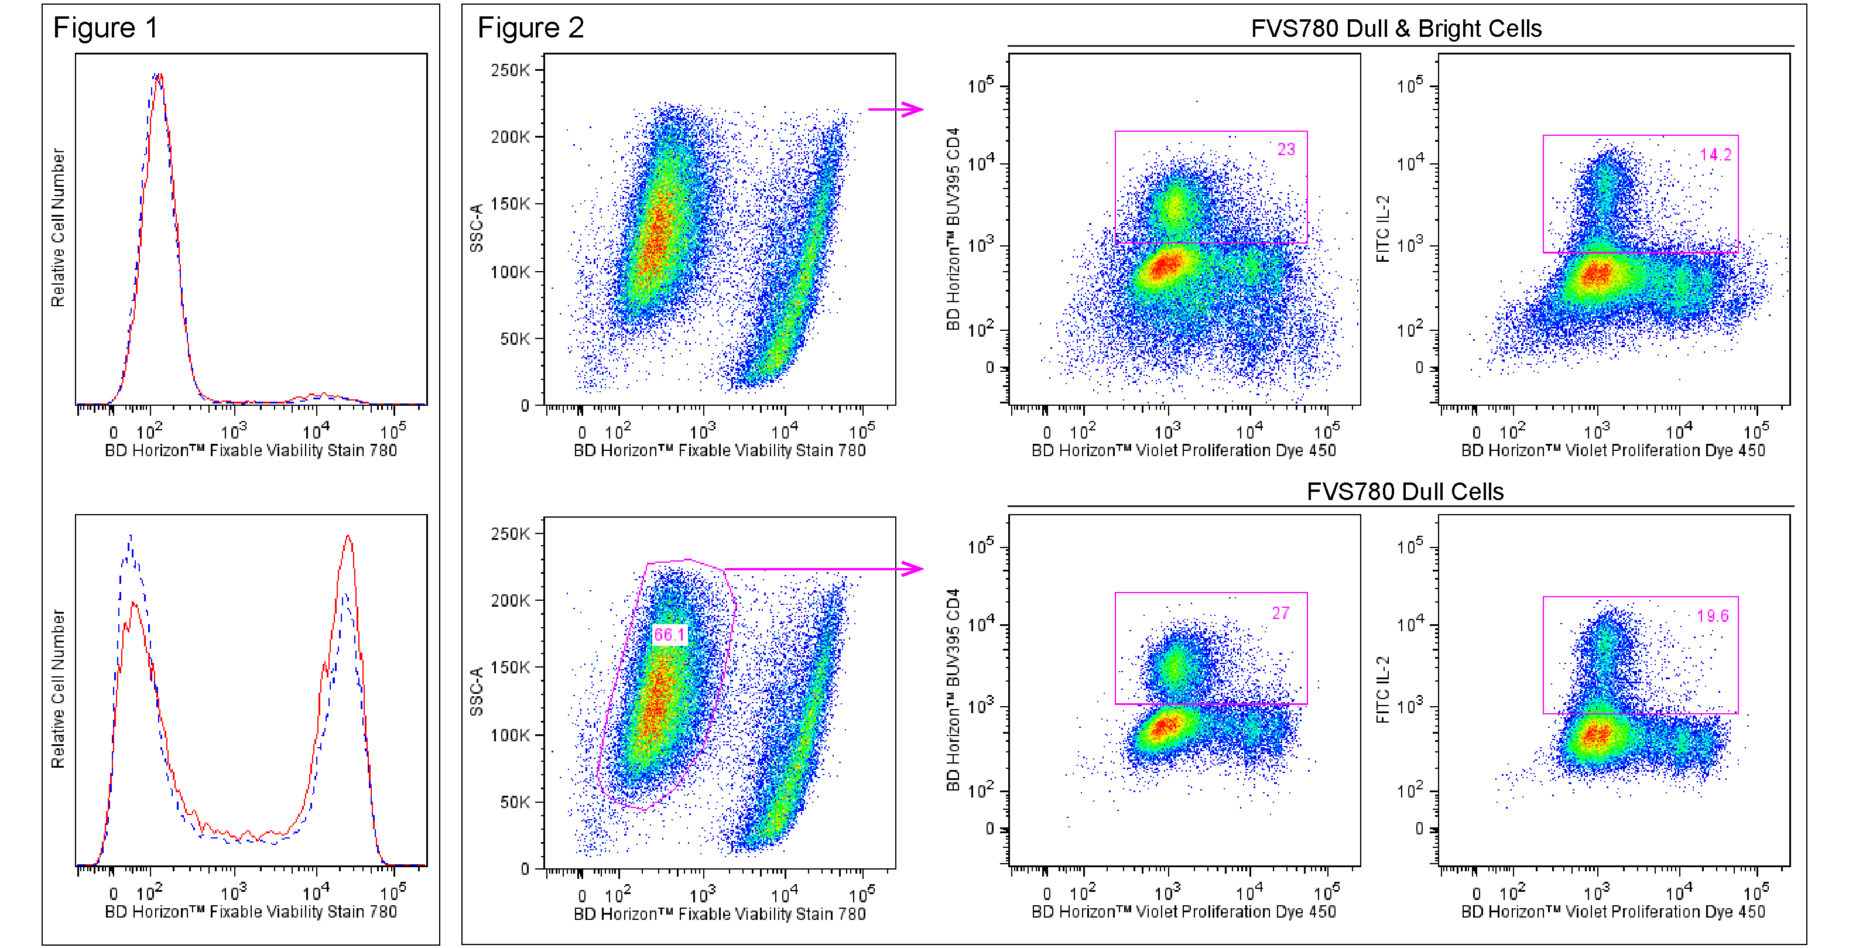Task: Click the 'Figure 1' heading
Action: click(105, 28)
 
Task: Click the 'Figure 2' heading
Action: click(530, 28)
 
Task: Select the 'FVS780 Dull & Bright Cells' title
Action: click(1395, 29)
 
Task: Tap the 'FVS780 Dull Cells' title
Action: click(1405, 492)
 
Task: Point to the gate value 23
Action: click(1286, 149)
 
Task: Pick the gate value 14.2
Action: click(1715, 155)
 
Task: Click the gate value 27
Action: click(1280, 613)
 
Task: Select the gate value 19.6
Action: click(1712, 616)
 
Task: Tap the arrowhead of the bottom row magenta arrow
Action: click(915, 569)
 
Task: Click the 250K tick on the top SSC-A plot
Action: click(511, 70)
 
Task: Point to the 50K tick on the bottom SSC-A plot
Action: click(515, 802)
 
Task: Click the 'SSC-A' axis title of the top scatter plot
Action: click(476, 228)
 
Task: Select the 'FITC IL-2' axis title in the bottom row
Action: click(1382, 690)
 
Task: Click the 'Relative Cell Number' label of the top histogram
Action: click(57, 228)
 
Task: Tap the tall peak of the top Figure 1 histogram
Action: click(158, 76)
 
